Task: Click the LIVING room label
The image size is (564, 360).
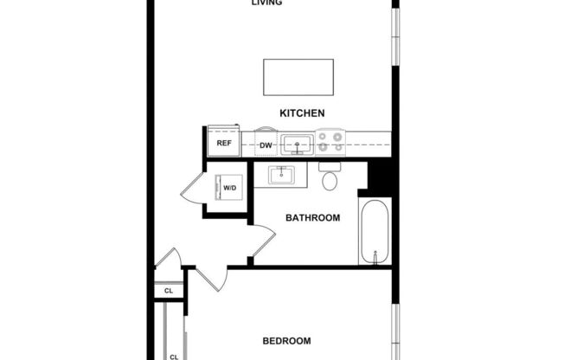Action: [266, 3]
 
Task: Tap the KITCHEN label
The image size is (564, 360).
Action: [302, 113]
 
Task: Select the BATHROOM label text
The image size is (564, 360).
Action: [312, 218]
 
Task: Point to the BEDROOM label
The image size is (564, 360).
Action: [285, 341]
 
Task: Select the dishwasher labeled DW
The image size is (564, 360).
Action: [266, 145]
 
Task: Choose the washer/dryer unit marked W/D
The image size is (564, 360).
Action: [230, 188]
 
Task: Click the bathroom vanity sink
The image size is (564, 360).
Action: [280, 176]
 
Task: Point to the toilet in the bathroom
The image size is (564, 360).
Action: [330, 178]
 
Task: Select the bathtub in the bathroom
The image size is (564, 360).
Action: [375, 232]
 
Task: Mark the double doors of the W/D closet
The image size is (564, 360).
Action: [192, 188]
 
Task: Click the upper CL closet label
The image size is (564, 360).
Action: [169, 292]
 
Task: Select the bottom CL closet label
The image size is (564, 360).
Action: [174, 356]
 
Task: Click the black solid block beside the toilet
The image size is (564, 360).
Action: [379, 177]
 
